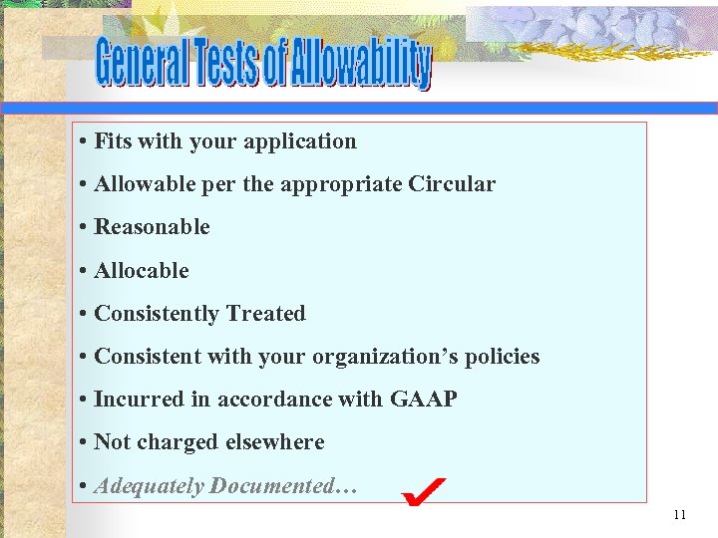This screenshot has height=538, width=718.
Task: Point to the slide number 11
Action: pyautogui.click(x=680, y=515)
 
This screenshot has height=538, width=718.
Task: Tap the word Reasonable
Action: pyautogui.click(x=152, y=227)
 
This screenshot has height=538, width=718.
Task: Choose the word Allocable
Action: pyautogui.click(x=141, y=270)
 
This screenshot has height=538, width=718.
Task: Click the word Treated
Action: pyautogui.click(x=265, y=314)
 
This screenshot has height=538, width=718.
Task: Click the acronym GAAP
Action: pyautogui.click(x=423, y=400)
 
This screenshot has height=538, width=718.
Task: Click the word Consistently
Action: pyautogui.click(x=157, y=314)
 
